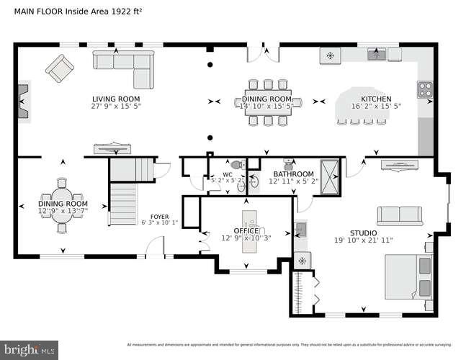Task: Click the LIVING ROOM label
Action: (x=115, y=99)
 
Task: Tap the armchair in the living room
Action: (x=59, y=68)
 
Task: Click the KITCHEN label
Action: (x=375, y=99)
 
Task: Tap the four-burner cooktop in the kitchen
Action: (x=425, y=89)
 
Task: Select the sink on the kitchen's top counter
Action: (x=375, y=54)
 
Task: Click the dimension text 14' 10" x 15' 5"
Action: (x=266, y=107)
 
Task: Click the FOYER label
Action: (x=159, y=216)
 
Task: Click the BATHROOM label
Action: (x=292, y=174)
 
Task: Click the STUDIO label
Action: (x=364, y=232)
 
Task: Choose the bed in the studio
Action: (x=408, y=276)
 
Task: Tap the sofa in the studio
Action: (x=400, y=215)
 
